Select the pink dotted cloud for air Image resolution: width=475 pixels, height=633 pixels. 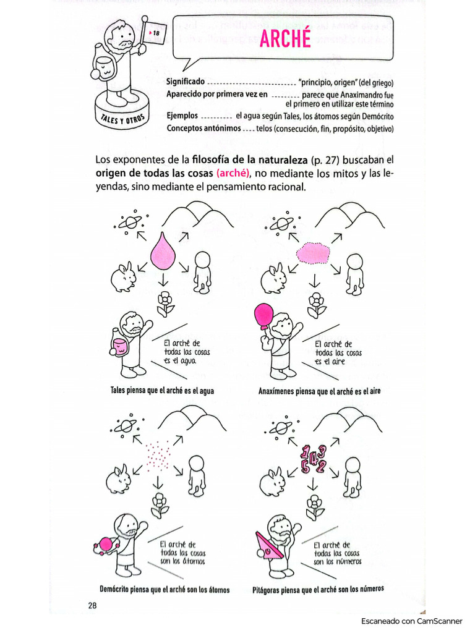(x=314, y=253)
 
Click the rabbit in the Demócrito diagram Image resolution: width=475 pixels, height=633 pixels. (x=118, y=480)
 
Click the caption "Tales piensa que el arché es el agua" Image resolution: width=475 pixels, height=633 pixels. (x=162, y=391)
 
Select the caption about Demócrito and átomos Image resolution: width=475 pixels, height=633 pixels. (x=165, y=589)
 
